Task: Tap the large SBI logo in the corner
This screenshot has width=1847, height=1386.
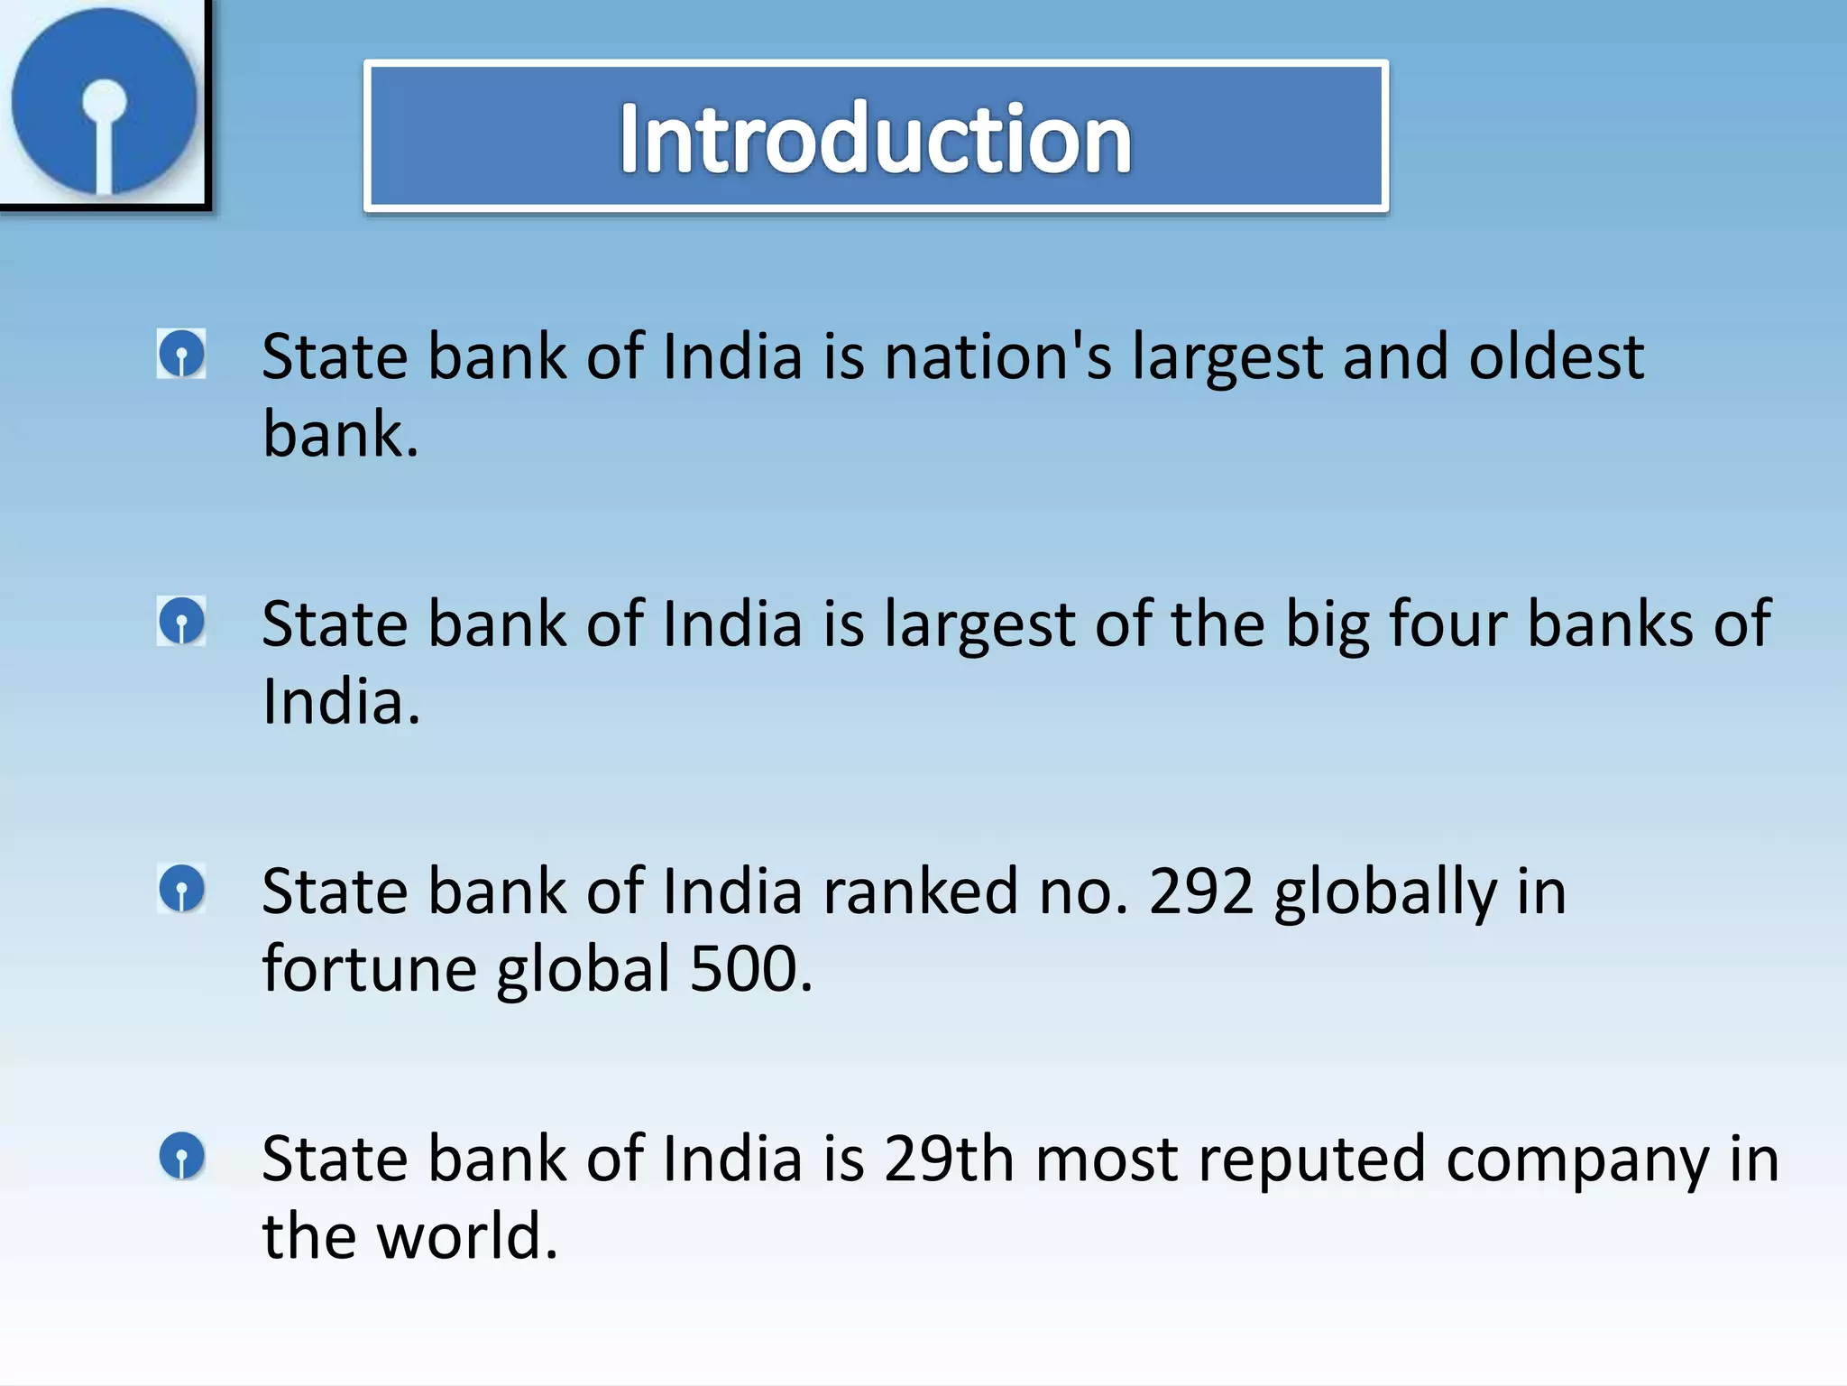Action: pyautogui.click(x=104, y=101)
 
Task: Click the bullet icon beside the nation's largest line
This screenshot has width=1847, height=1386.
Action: pyautogui.click(x=181, y=354)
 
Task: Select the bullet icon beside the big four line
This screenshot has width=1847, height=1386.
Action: pyautogui.click(x=181, y=621)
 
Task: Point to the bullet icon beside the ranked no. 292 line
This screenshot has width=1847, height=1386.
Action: pyautogui.click(x=181, y=889)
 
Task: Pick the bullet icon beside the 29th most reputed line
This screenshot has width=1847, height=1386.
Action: pyautogui.click(x=181, y=1156)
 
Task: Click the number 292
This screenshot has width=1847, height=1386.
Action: pyautogui.click(x=1200, y=892)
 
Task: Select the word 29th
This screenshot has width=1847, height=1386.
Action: pyautogui.click(x=949, y=1159)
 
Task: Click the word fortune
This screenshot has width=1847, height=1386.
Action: pyautogui.click(x=369, y=969)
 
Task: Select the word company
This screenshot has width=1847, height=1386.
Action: pyautogui.click(x=1577, y=1160)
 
